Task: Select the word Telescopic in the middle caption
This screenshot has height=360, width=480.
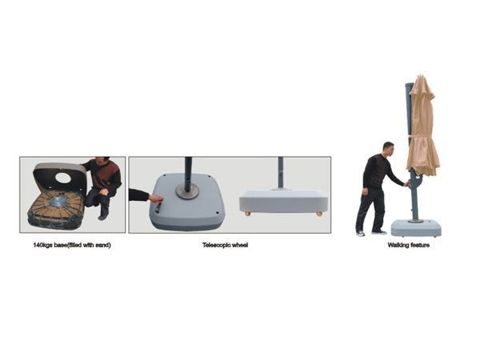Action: [x=216, y=245]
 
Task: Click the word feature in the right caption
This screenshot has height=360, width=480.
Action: [x=420, y=245]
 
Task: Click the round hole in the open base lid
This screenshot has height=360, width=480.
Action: [x=63, y=178]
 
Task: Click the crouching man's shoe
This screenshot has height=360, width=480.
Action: [x=103, y=217]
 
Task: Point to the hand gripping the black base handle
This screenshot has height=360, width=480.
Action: [x=155, y=198]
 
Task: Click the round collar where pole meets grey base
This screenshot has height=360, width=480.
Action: [x=187, y=191]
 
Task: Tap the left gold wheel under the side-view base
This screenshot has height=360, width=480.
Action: [x=248, y=214]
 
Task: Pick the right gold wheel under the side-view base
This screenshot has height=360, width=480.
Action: [x=319, y=214]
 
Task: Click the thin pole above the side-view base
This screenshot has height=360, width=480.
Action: [x=280, y=172]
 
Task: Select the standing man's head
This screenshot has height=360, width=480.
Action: [x=389, y=149]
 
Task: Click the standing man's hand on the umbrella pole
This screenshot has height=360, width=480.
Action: [x=407, y=184]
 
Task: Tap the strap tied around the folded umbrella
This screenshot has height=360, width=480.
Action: [x=422, y=136]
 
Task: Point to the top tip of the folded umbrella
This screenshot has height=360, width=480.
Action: [x=422, y=75]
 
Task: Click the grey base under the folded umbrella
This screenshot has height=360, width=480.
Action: [x=416, y=228]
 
